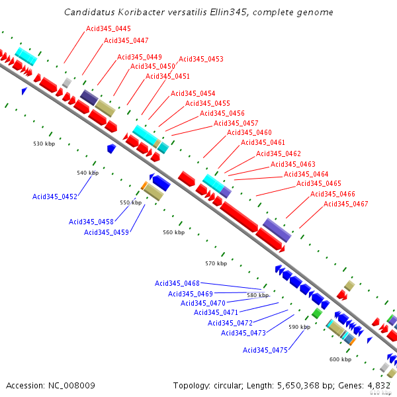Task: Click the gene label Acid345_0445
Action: tap(109, 29)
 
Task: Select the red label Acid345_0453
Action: tap(201, 60)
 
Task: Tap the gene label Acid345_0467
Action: tap(346, 204)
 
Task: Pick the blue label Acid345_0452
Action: tap(55, 197)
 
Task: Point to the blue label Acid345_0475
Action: tap(265, 351)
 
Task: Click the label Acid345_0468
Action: tap(177, 284)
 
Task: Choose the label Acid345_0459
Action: tap(107, 233)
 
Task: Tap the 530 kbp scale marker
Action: tap(44, 144)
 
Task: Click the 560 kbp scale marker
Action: tap(173, 233)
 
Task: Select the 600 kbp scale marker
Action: tap(340, 359)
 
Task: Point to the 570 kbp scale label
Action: tap(216, 263)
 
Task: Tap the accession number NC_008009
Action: tap(72, 385)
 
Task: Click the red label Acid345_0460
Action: tap(249, 133)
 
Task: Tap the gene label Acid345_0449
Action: tap(140, 57)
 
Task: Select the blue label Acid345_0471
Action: tap(216, 312)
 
